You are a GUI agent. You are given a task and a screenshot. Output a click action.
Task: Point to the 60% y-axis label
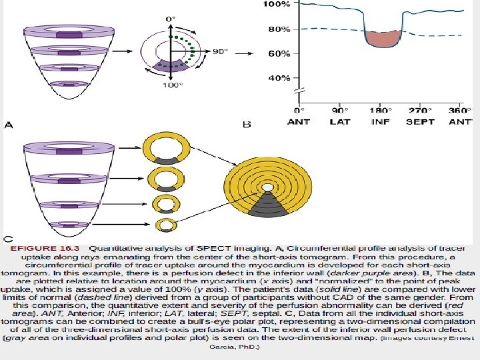point(279,53)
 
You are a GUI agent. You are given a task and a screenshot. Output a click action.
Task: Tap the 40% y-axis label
point(279,78)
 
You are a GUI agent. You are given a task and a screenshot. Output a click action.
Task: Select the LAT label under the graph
point(339,121)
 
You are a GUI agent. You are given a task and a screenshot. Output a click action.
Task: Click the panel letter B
point(246,125)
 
